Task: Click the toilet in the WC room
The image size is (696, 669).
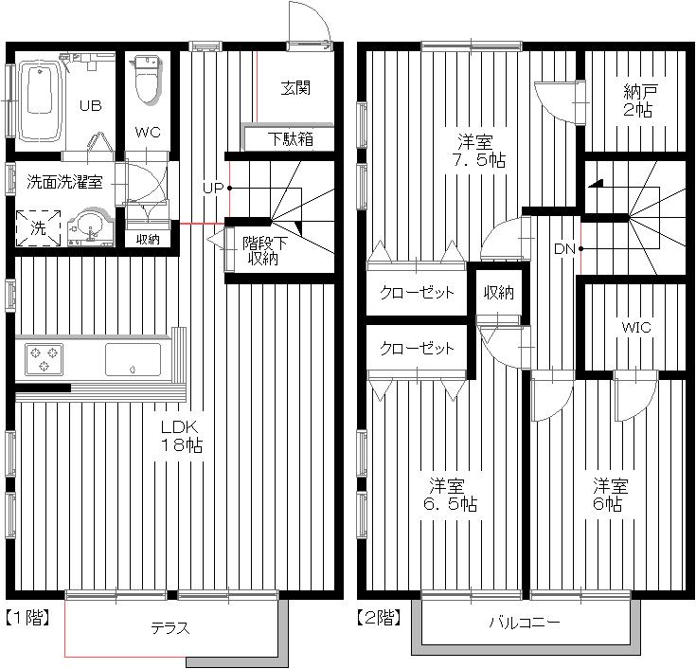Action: [x=147, y=80]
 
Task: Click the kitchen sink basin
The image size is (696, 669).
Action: [x=133, y=359]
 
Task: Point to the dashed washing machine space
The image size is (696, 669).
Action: [x=38, y=228]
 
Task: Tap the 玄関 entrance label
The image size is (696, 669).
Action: [x=295, y=88]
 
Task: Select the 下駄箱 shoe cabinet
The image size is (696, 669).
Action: [x=290, y=139]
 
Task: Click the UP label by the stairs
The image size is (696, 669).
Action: [x=213, y=189]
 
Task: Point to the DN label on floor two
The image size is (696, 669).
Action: [x=564, y=249]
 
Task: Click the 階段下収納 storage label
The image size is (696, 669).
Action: [x=264, y=251]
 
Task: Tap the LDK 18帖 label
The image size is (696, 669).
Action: [x=182, y=436]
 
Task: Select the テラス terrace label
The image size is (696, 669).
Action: [x=170, y=628]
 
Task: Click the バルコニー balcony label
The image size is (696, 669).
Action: [x=525, y=623]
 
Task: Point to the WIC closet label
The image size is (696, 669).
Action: [x=636, y=328]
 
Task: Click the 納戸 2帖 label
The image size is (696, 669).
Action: [x=638, y=100]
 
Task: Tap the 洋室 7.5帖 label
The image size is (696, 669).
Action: [x=478, y=152]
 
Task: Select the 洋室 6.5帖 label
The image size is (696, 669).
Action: [x=449, y=496]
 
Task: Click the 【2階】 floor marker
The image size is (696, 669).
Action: [x=379, y=618]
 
